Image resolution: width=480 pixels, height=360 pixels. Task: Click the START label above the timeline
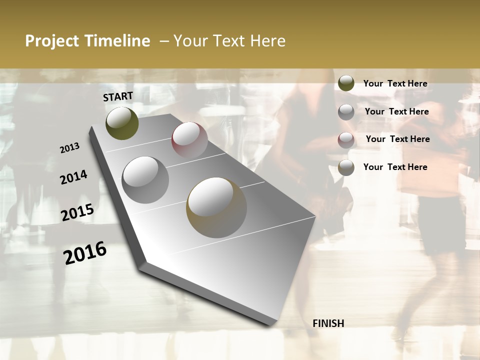[118, 96]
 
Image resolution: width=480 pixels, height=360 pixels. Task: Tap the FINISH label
[328, 323]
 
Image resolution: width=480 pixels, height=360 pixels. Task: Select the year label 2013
[70, 148]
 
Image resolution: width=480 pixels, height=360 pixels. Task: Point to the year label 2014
[73, 177]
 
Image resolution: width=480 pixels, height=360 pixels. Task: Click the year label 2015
[77, 212]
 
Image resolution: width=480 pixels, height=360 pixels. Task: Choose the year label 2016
[85, 252]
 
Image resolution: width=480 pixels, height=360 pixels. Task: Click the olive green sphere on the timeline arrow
[122, 123]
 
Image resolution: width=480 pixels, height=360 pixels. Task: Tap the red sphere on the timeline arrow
[189, 139]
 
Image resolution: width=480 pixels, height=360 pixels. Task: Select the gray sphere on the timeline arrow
[145, 180]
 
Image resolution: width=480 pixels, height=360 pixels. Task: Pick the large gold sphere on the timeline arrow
[216, 207]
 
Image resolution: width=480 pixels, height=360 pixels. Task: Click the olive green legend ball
[346, 83]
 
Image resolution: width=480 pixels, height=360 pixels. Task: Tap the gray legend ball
[346, 111]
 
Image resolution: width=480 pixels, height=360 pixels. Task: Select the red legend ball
[346, 140]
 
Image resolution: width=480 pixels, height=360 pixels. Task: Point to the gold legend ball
[346, 167]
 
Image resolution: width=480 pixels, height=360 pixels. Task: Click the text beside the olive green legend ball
[395, 83]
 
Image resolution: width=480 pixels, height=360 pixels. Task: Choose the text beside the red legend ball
[397, 139]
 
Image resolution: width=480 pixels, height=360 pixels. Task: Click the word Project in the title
[52, 41]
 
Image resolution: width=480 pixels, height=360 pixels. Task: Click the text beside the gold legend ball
[395, 167]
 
